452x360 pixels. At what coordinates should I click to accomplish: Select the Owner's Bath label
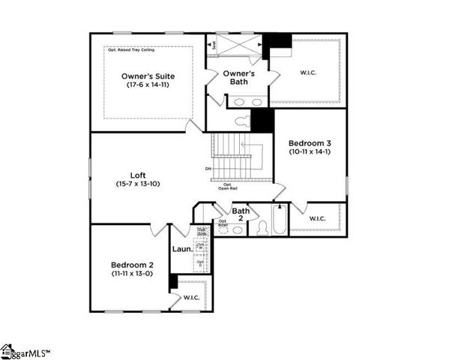point(239,77)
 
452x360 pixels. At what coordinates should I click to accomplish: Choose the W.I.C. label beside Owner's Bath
point(307,73)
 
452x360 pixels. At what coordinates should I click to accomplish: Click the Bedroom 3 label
point(309,142)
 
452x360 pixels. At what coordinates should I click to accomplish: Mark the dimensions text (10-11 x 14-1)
point(309,152)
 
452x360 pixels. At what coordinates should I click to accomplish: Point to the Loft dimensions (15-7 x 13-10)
point(138,183)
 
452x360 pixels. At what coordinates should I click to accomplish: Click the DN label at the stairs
point(208,169)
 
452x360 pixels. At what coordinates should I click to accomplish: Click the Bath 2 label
point(240,214)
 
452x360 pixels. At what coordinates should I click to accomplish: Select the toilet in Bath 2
point(263,228)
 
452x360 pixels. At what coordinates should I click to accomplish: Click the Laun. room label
point(182,248)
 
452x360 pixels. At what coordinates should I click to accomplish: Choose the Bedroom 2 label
point(132,265)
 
